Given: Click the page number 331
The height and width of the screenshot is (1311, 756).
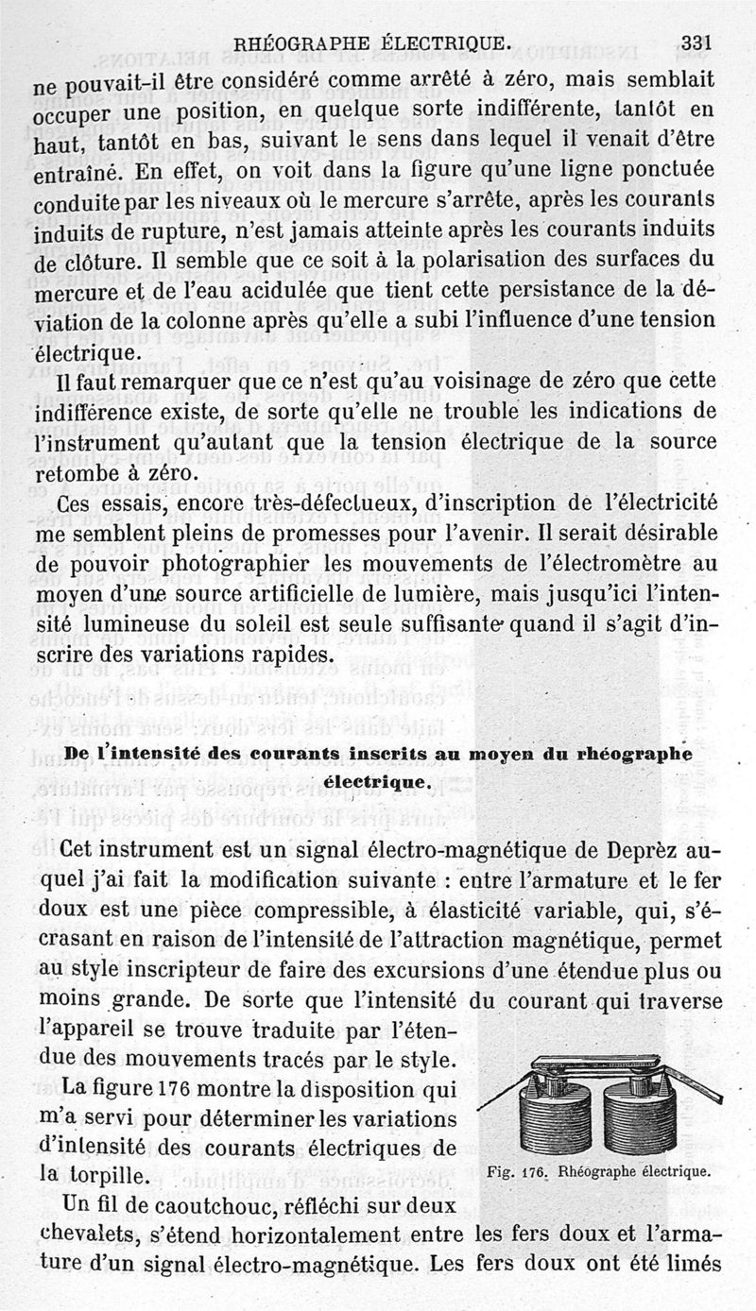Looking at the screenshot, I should point(695,42).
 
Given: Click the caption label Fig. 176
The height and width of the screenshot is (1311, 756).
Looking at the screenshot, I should point(517,1172).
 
